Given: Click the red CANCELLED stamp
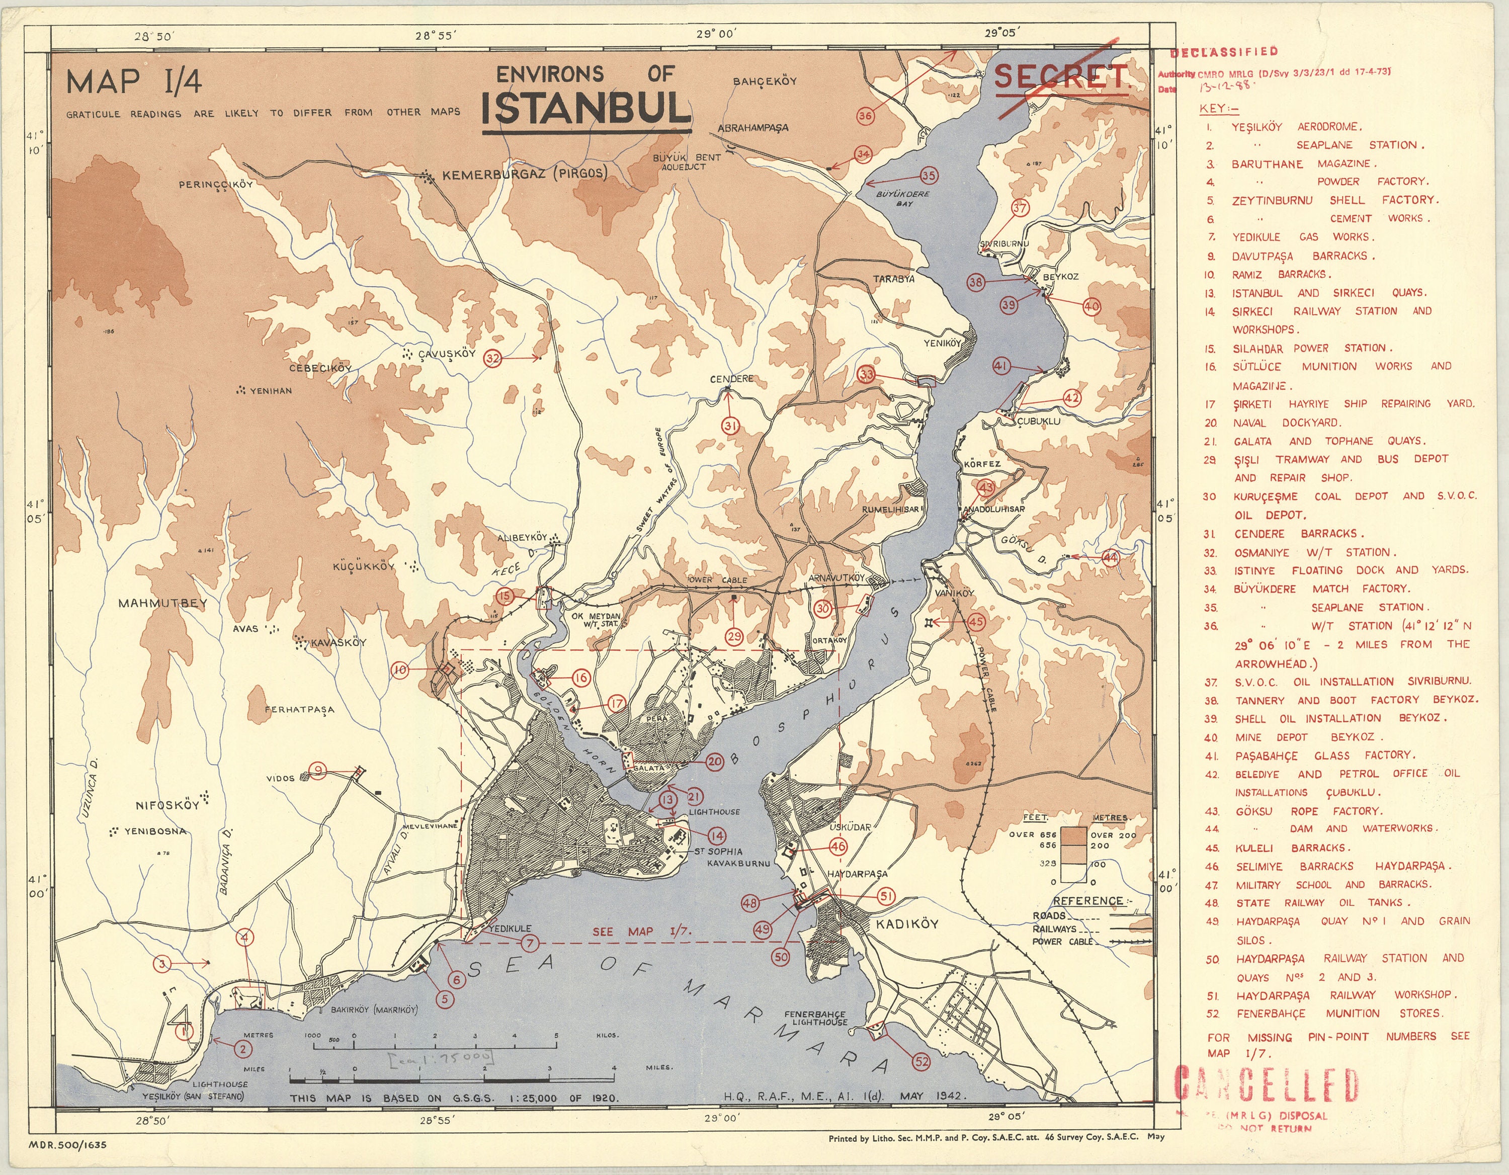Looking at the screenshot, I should (1266, 1084).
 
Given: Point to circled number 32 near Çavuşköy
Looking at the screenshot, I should (492, 359).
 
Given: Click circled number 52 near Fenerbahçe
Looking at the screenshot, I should (921, 1061).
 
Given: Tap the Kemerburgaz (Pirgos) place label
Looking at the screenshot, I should (525, 174).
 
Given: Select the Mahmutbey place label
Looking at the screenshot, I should (162, 603).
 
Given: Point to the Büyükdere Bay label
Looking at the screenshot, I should (903, 199).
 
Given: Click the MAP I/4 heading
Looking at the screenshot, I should (134, 82).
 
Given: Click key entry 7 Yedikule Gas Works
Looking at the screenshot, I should (1302, 237).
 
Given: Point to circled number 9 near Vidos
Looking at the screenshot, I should (317, 770).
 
